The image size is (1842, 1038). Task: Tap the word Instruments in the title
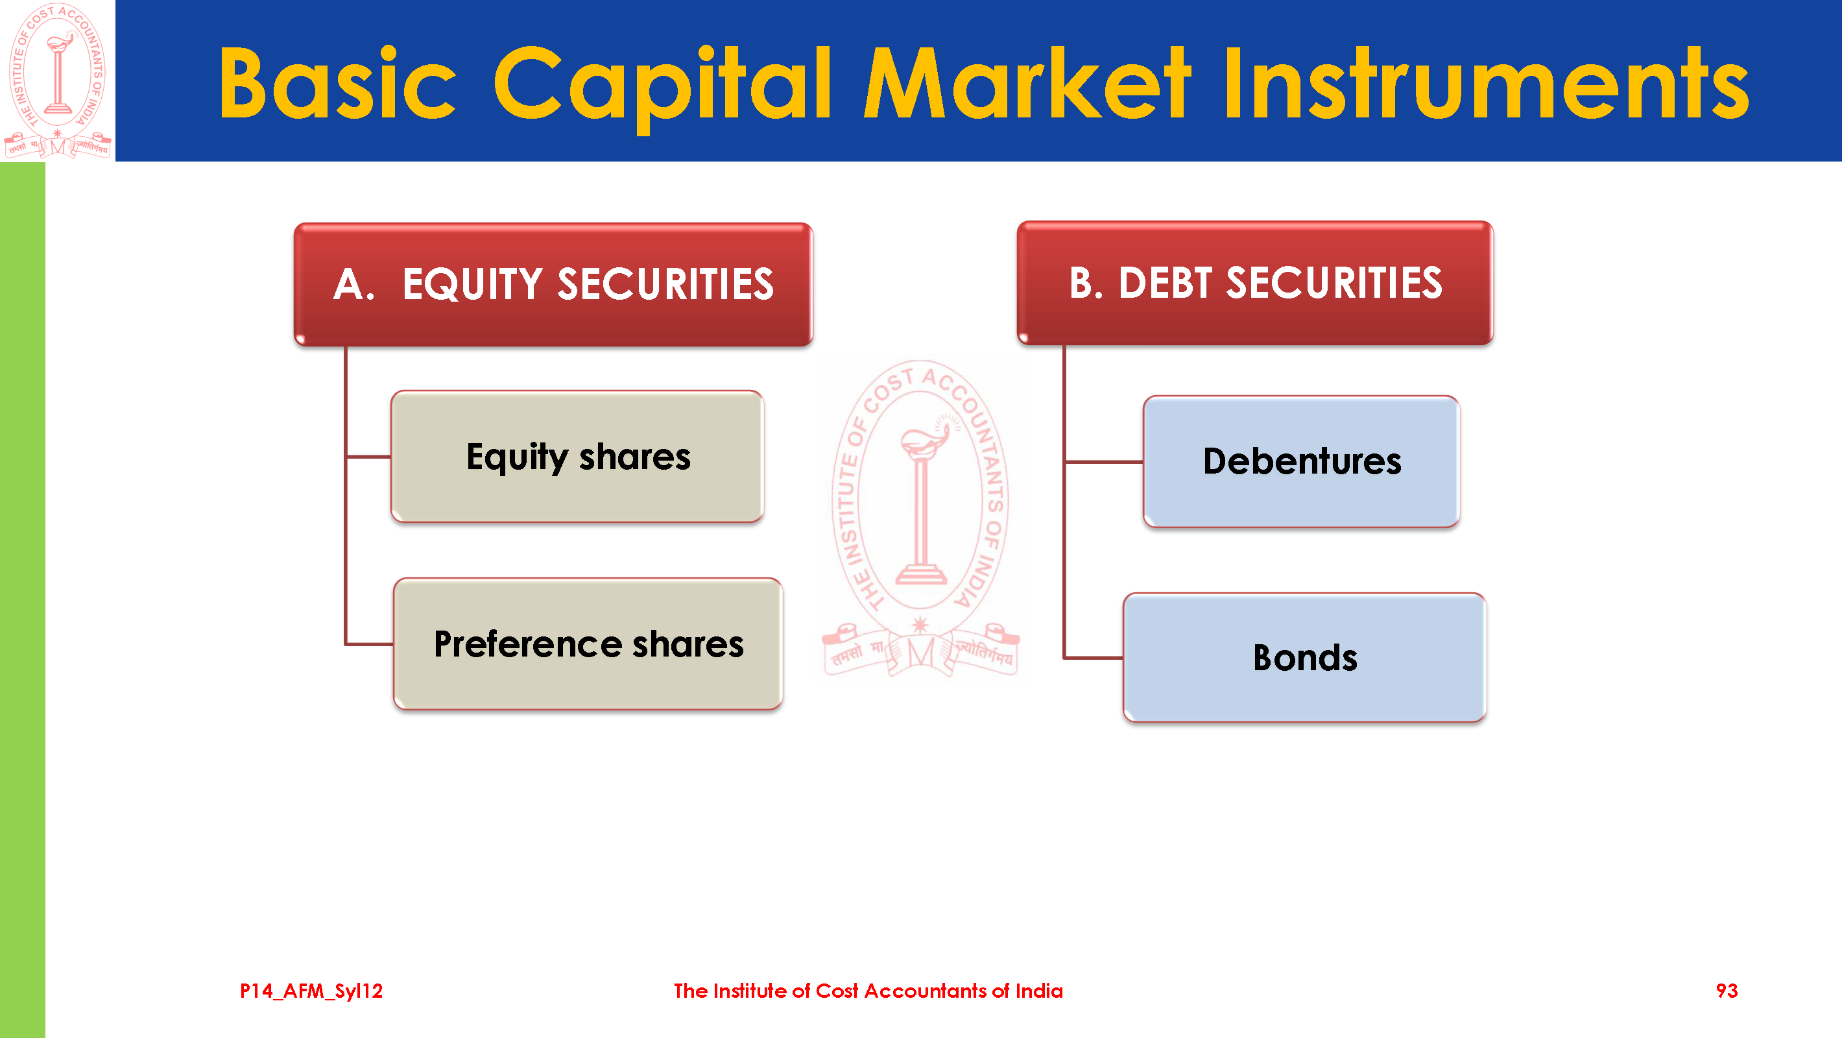click(x=1486, y=82)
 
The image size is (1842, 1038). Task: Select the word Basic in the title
click(x=337, y=82)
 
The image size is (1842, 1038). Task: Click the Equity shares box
click(x=578, y=457)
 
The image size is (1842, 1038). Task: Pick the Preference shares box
click(x=588, y=644)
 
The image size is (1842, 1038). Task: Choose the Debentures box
click(x=1302, y=461)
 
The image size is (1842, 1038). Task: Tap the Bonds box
click(x=1305, y=657)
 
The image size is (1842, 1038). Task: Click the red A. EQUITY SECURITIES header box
click(x=553, y=284)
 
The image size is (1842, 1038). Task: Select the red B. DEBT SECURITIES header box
click(x=1255, y=283)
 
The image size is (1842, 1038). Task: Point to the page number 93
click(x=1727, y=991)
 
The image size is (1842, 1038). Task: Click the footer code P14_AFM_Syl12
click(x=311, y=991)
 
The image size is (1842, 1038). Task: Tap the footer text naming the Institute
click(x=868, y=991)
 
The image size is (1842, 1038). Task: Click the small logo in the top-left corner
click(x=57, y=80)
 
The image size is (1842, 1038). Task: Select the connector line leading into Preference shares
click(x=369, y=644)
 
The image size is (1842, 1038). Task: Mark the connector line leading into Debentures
click(x=1104, y=462)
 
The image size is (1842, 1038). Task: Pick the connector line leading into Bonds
click(x=1094, y=657)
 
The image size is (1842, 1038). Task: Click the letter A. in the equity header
click(x=354, y=284)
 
